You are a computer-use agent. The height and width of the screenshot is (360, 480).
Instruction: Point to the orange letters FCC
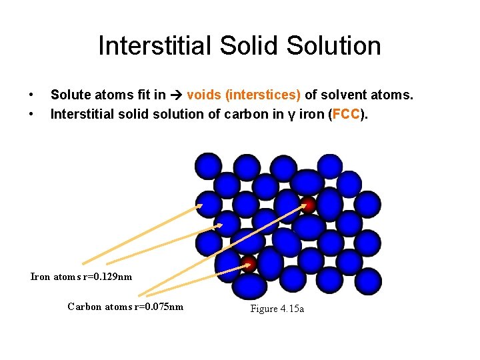[346, 114]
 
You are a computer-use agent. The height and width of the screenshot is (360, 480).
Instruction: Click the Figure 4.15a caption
[277, 309]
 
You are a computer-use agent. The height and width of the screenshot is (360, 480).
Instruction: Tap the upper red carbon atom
[309, 205]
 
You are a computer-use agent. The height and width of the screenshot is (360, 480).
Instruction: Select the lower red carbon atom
[249, 263]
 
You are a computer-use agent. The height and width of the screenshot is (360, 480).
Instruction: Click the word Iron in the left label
[41, 277]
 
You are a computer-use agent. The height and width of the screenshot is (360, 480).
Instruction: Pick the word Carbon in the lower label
[84, 307]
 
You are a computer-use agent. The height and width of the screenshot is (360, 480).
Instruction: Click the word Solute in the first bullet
[70, 95]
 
